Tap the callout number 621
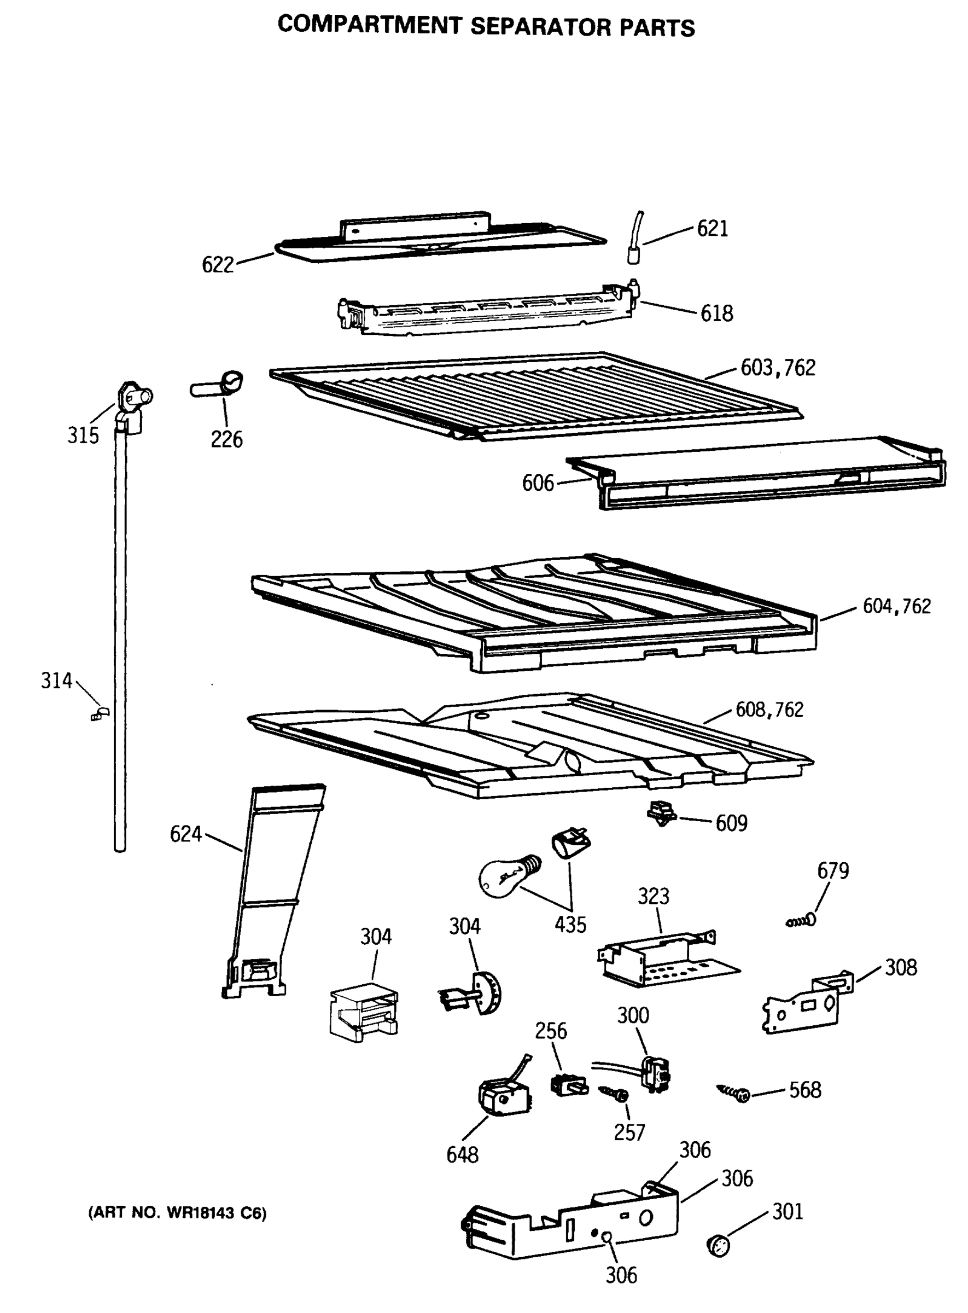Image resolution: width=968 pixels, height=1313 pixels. tap(712, 228)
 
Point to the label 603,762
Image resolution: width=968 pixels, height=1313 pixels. tap(778, 368)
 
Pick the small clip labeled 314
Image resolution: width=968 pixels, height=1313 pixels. tap(100, 714)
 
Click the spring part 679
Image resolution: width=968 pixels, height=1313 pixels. tap(802, 921)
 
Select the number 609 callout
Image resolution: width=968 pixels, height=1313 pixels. tap(731, 823)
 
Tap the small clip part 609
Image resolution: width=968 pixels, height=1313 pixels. tap(661, 813)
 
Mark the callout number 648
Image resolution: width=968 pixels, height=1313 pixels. tap(462, 1155)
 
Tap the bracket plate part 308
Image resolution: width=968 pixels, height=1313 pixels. tap(806, 1004)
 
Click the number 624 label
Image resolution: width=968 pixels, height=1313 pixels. tap(185, 834)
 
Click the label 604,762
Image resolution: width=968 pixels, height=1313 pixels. tap(896, 606)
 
